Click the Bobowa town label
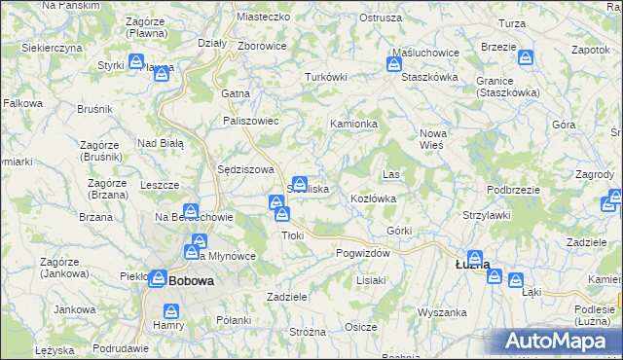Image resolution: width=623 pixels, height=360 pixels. point(191,280)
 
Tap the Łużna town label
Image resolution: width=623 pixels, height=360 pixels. point(473,264)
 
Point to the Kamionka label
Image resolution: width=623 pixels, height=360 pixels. point(353,125)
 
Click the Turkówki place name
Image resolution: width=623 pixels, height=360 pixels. point(326,77)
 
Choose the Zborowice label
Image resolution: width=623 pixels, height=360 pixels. point(261,45)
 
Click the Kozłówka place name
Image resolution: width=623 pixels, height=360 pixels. point(373,198)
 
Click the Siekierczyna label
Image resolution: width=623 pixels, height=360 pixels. point(52,47)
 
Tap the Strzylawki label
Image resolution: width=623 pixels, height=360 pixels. point(488,214)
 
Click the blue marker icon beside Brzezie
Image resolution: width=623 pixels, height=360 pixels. point(527,59)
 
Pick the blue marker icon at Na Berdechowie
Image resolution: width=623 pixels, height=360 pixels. point(192,211)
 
